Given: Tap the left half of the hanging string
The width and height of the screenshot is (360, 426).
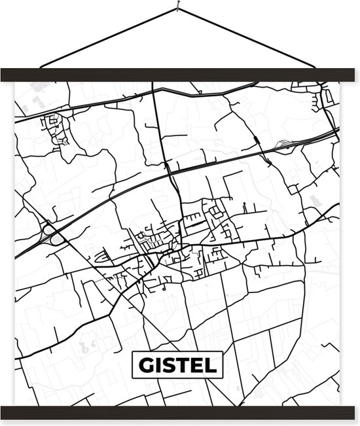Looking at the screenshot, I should (x=108, y=38).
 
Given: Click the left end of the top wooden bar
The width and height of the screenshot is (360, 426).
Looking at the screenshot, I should (x=5, y=75).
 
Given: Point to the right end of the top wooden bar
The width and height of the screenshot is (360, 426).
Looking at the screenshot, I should (x=355, y=75).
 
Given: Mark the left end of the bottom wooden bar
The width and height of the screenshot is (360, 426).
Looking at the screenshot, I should (x=5, y=412).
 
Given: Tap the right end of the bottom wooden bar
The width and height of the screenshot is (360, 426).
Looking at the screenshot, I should (x=355, y=412).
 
